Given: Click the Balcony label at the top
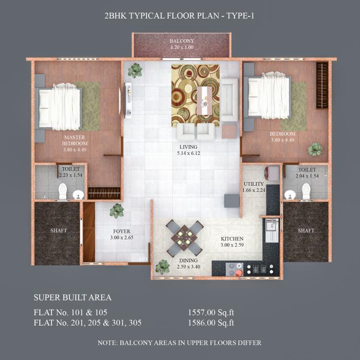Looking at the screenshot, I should click(182, 41).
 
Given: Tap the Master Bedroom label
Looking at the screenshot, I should click(75, 140).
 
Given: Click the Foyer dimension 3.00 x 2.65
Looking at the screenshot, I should click(122, 238).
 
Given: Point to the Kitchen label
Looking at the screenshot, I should click(232, 239).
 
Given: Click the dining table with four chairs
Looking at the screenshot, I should click(184, 238).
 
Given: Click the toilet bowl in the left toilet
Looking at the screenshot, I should click(63, 191).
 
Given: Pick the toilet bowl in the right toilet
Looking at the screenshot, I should click(307, 191).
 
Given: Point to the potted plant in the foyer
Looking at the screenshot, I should click(117, 210).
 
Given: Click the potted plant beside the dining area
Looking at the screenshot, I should click(163, 266).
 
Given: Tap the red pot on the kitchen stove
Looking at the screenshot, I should click(239, 273).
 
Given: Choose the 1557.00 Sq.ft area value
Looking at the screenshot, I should click(211, 312).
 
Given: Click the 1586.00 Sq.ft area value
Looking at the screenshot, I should click(211, 323).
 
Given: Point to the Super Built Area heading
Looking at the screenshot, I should click(73, 297).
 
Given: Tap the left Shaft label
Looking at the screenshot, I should click(59, 230).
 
